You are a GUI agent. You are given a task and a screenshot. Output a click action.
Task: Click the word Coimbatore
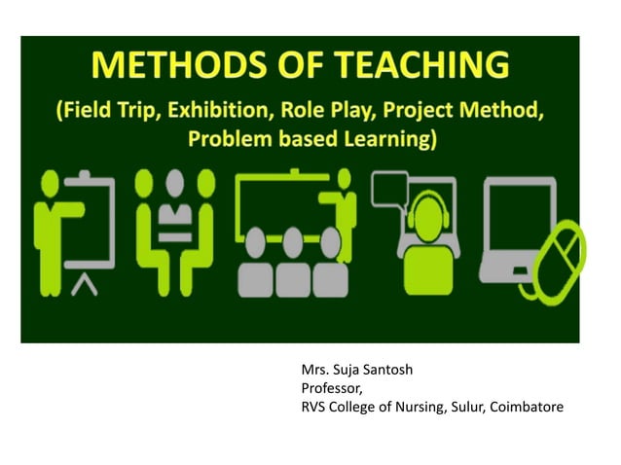click(x=527, y=406)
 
